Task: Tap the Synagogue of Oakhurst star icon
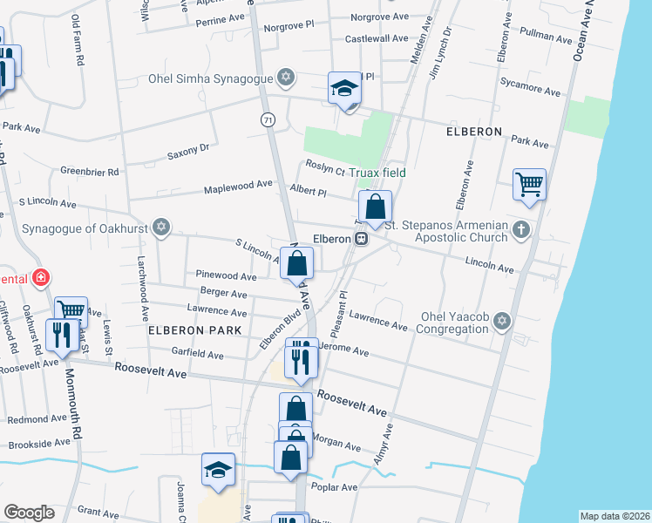tap(160, 228)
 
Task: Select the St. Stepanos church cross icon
tap(520, 229)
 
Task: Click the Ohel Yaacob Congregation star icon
tap(500, 323)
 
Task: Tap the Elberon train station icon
tap(359, 238)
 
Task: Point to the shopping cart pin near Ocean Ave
tap(529, 185)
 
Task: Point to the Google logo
tap(29, 513)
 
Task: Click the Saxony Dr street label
tap(188, 153)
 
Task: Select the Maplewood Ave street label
tap(239, 187)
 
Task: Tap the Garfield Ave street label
tap(197, 356)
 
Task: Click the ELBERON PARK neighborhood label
tap(187, 331)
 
